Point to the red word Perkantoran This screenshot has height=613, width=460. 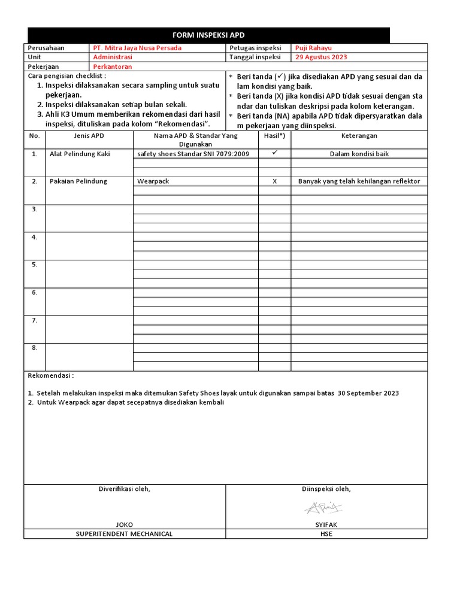113,67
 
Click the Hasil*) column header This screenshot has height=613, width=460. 274,136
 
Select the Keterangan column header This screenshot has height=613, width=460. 359,136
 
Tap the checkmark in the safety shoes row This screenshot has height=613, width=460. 274,153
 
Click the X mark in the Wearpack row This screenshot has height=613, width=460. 274,181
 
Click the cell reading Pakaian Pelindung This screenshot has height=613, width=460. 78,181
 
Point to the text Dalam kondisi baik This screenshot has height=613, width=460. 359,154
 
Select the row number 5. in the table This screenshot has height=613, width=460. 35,265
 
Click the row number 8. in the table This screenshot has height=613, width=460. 35,348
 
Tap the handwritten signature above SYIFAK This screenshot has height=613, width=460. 323,508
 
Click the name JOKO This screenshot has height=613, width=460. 125,524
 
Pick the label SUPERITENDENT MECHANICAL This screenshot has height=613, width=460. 125,534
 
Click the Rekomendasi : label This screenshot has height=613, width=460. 51,375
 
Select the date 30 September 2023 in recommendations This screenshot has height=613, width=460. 368,393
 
